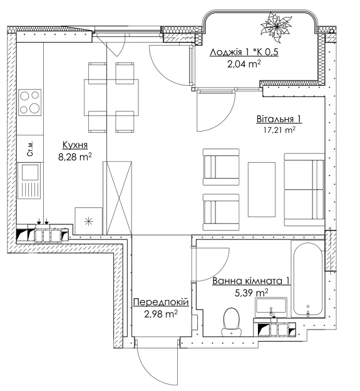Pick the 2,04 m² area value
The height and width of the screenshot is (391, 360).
tap(244, 63)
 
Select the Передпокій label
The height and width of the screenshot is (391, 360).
tap(160, 303)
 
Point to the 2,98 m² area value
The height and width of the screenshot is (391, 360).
tap(160, 315)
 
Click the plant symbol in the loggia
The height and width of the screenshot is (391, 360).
tap(276, 27)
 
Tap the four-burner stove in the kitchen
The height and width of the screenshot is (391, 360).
tap(29, 102)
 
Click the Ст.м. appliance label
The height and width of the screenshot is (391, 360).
tap(29, 149)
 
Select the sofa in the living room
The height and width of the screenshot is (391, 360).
tap(304, 189)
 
